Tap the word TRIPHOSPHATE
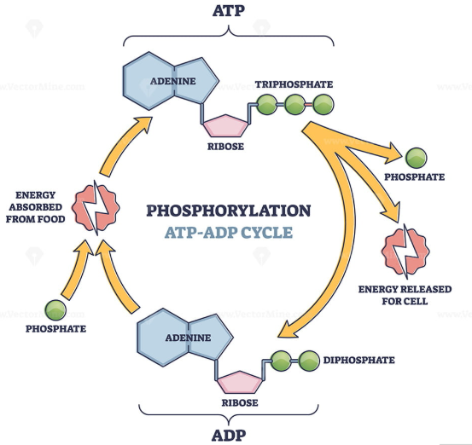pyautogui.click(x=294, y=85)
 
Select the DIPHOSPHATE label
pyautogui.click(x=359, y=360)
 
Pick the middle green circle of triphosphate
pyautogui.click(x=294, y=106)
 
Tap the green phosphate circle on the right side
pyautogui.click(x=416, y=159)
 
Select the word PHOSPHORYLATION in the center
pyautogui.click(x=229, y=211)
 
